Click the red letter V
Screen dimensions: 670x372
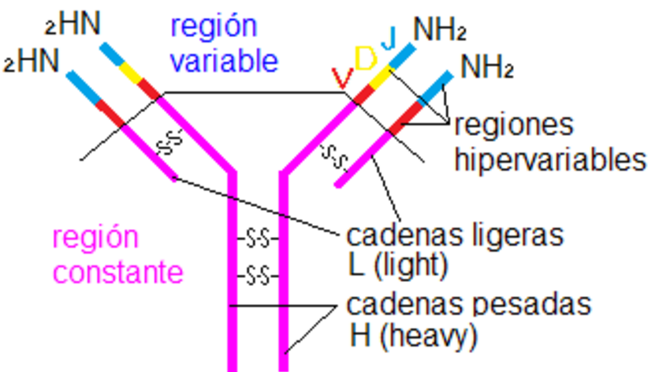click(x=341, y=77)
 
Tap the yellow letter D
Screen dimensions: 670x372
click(x=365, y=60)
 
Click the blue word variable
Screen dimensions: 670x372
click(x=225, y=61)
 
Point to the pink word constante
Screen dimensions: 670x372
click(x=118, y=272)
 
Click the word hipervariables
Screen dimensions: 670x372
click(x=550, y=160)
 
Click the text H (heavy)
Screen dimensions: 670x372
click(x=413, y=337)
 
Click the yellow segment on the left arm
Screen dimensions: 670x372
click(x=130, y=73)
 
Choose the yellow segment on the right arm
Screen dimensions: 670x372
click(x=382, y=76)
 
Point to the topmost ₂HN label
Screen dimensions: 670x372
click(x=73, y=24)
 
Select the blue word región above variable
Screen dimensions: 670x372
click(x=214, y=26)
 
